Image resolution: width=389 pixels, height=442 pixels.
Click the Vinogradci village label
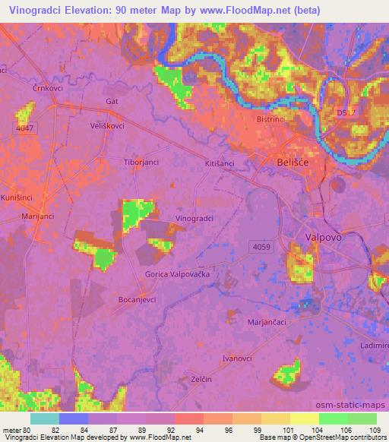click(x=194, y=218)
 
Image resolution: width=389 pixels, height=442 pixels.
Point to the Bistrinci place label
click(x=270, y=120)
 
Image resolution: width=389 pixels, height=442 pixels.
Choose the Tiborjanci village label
click(x=141, y=162)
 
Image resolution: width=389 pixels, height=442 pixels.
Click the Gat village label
click(x=112, y=101)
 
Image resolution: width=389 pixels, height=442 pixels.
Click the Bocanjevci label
click(x=137, y=300)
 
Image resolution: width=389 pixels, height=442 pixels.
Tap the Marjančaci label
click(x=267, y=322)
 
